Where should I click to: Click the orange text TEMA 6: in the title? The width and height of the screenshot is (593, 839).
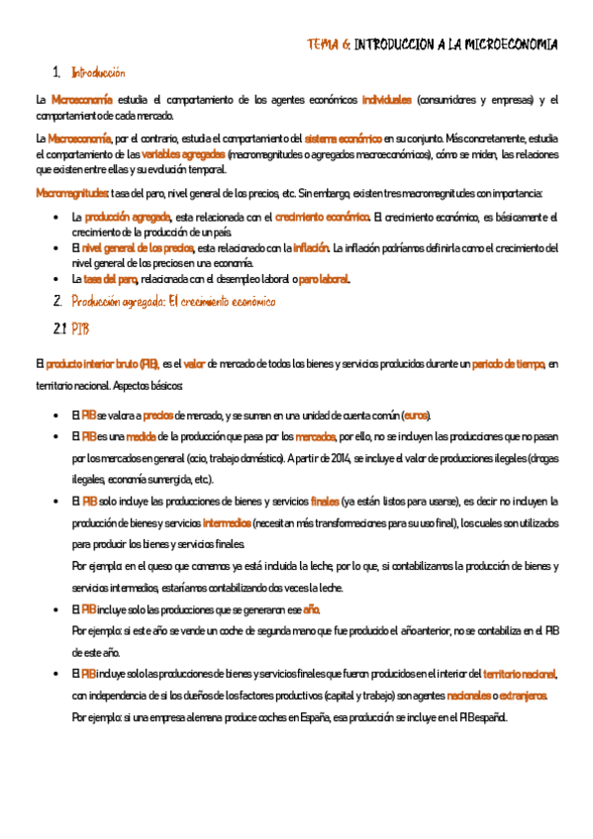point(329,45)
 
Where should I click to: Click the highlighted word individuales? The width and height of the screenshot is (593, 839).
point(386,100)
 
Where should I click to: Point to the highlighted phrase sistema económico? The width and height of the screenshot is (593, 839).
point(343,138)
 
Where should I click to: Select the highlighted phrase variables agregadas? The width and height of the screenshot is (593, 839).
point(183,154)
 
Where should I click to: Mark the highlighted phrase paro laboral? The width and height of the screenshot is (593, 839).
point(324,279)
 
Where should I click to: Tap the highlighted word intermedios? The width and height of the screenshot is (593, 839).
point(227,522)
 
